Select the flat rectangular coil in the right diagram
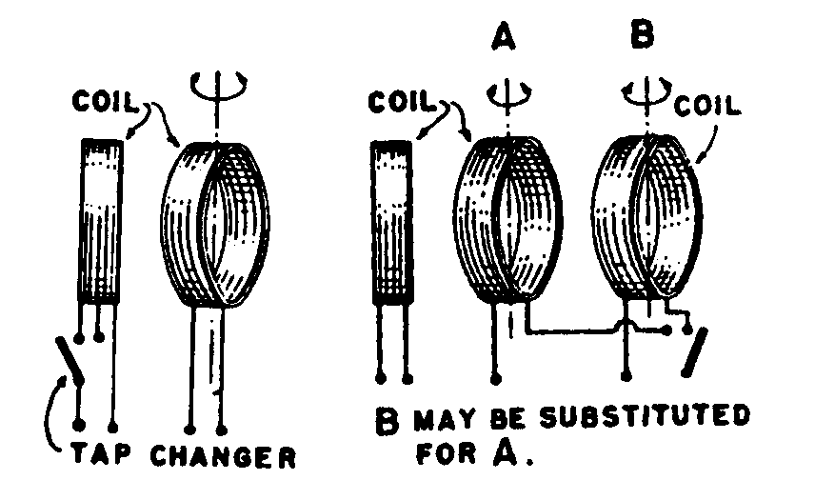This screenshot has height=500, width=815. [390, 224]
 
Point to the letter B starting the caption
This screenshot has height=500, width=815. [387, 420]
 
